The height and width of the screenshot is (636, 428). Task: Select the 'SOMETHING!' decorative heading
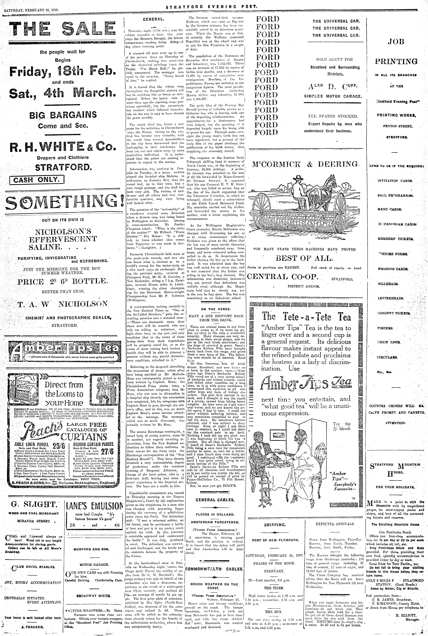[62, 201]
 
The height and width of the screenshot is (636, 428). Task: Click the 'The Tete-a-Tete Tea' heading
[306, 317]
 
